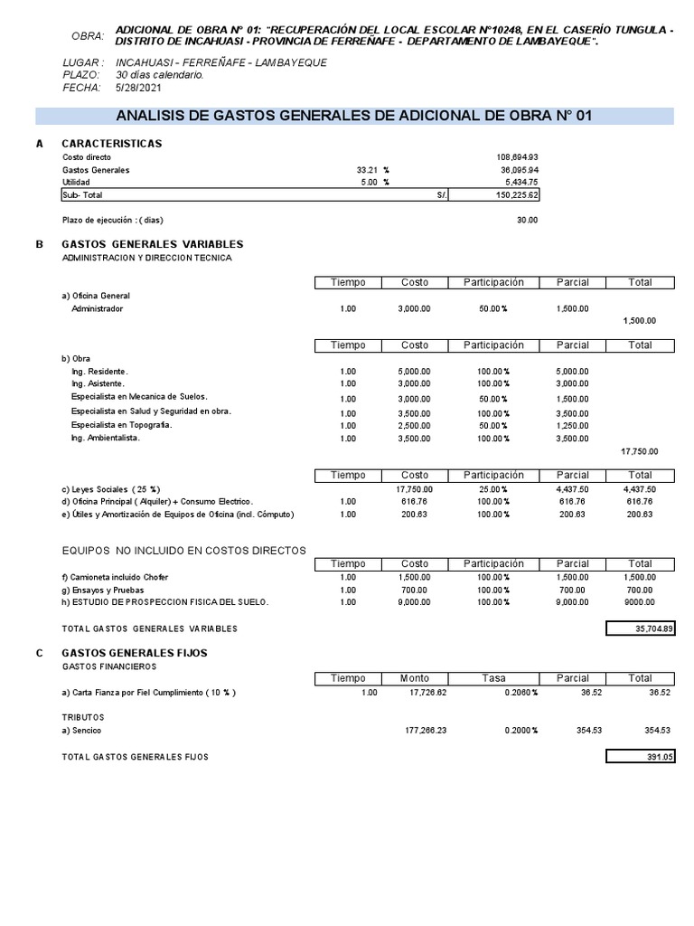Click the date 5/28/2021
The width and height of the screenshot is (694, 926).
point(136,88)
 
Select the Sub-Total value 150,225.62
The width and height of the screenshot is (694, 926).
point(511,195)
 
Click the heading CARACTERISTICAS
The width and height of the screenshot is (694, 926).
point(111,144)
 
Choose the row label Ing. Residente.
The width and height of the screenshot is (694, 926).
point(99,372)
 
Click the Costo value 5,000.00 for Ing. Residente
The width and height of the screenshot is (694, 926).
point(414,372)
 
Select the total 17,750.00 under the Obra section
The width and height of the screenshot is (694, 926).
point(640,451)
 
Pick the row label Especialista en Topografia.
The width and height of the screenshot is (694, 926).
point(121,425)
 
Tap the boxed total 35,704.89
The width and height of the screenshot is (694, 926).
point(640,628)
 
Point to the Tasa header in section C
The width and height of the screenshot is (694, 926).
point(493,678)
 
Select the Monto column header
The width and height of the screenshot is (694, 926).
point(415,678)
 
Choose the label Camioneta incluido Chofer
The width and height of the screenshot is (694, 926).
point(115,577)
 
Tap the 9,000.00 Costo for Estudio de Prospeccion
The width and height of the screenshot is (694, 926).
point(414,602)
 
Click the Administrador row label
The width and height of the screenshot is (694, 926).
point(97,308)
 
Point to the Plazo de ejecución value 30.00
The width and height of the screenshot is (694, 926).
point(527,220)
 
